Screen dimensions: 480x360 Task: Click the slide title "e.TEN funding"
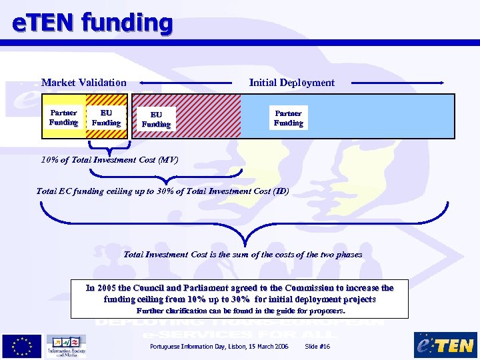(x=93, y=23)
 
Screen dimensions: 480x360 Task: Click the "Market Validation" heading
(x=83, y=83)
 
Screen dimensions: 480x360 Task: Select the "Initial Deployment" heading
(x=291, y=83)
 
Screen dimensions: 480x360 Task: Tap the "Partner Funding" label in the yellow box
(x=63, y=117)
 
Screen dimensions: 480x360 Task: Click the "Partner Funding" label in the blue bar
(x=288, y=118)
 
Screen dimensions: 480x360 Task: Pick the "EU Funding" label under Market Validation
(x=106, y=118)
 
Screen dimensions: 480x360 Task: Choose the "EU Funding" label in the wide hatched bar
(x=156, y=119)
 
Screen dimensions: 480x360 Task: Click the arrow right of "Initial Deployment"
(x=397, y=83)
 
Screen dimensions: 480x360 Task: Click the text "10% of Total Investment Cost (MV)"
(x=109, y=160)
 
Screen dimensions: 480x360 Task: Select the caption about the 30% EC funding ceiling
(x=163, y=191)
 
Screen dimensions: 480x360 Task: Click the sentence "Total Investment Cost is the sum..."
(x=243, y=254)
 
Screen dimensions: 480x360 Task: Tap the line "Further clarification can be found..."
(x=241, y=311)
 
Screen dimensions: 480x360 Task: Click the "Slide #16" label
(x=317, y=347)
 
